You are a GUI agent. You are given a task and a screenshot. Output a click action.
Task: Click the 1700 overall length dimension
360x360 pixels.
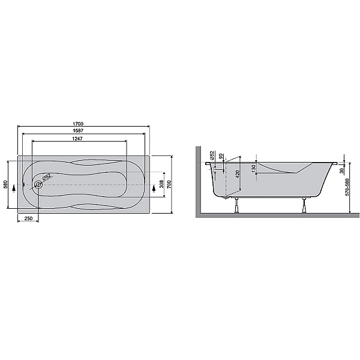(x=78, y=124)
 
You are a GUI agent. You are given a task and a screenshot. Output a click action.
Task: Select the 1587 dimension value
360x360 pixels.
(x=78, y=130)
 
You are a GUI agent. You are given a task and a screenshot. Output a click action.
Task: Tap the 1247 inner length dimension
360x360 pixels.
(x=77, y=139)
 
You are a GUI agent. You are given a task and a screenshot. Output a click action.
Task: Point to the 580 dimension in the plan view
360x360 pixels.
(x=5, y=184)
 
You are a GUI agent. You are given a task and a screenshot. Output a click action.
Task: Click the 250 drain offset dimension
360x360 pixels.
(x=28, y=218)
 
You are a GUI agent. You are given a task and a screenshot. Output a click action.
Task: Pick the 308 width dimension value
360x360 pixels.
(x=161, y=184)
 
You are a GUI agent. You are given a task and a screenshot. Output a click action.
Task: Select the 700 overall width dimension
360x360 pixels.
(x=169, y=184)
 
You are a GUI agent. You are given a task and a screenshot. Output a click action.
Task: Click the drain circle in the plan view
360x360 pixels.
(x=38, y=184)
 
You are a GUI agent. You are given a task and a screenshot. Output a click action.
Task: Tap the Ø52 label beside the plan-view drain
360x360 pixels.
(x=47, y=177)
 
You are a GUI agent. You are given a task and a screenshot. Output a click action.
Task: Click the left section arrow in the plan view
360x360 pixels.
(x=14, y=188)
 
